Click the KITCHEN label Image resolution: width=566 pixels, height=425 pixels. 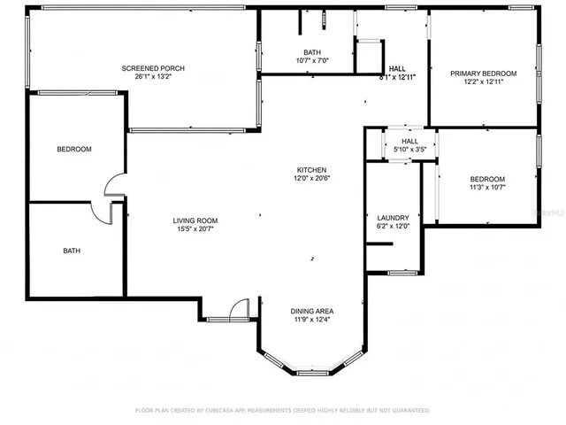click(x=312, y=170)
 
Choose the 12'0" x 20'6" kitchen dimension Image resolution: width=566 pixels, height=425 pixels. click(x=312, y=178)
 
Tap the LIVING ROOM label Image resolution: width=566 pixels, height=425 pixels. click(x=195, y=220)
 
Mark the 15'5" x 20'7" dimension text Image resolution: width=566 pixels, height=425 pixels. click(x=195, y=228)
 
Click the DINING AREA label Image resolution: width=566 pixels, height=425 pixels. click(x=312, y=311)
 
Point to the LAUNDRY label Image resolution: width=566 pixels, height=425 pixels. click(x=393, y=217)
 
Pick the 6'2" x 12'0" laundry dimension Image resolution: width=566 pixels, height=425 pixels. click(x=393, y=225)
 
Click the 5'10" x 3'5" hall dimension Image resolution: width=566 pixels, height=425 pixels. click(x=409, y=150)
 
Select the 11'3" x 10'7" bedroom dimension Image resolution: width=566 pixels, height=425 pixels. click(x=487, y=187)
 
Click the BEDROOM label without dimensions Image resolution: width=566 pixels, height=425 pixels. click(x=74, y=150)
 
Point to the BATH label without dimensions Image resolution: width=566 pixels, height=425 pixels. click(x=72, y=251)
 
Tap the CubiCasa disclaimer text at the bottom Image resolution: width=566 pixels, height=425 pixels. click(x=282, y=411)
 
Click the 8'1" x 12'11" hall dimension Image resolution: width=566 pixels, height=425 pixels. click(x=397, y=78)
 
